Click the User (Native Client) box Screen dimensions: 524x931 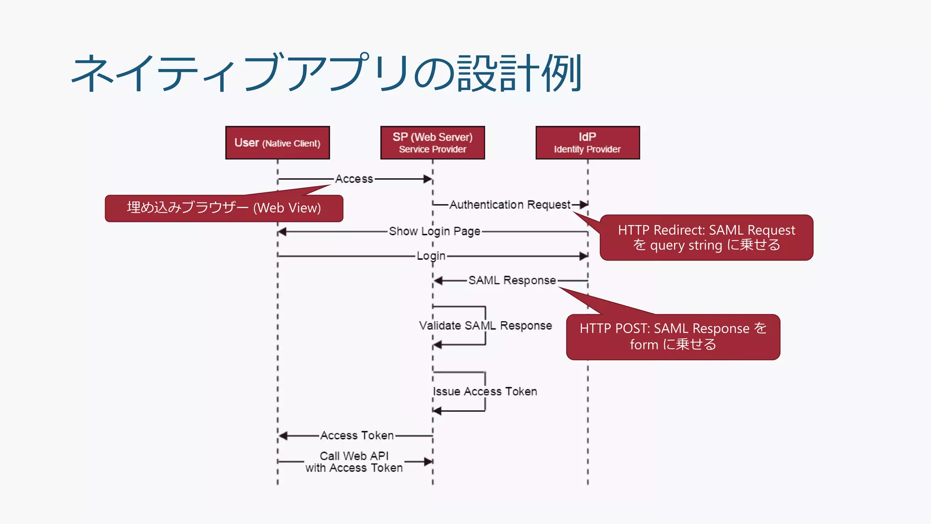(277, 143)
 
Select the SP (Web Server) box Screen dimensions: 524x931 (432, 143)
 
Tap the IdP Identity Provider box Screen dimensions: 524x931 (587, 143)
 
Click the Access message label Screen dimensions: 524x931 (354, 179)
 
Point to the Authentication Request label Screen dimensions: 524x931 (510, 205)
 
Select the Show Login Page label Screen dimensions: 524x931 (434, 231)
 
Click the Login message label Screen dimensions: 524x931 (431, 256)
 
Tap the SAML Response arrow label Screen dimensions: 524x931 (512, 280)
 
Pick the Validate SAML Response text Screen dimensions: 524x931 (485, 326)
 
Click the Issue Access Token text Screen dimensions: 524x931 (485, 392)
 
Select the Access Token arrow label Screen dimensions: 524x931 (357, 436)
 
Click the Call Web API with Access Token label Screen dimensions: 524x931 (354, 462)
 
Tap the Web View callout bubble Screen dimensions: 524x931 (224, 208)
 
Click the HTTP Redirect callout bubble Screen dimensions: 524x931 (706, 237)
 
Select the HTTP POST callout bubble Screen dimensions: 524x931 (673, 337)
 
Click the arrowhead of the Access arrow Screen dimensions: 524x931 (428, 179)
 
